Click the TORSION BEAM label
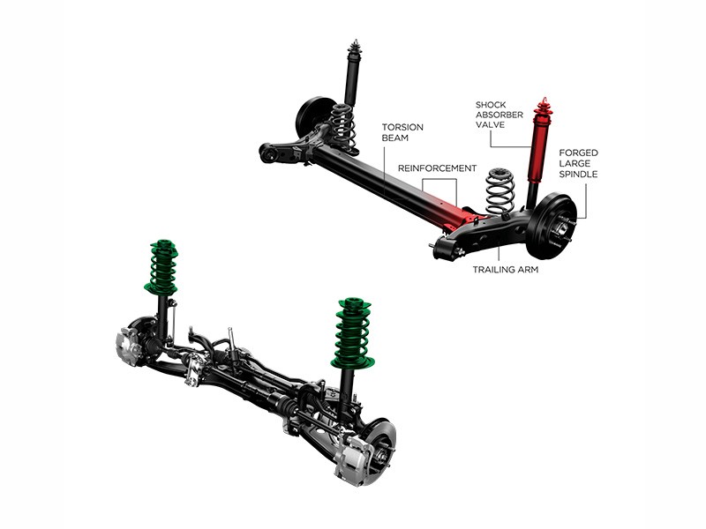[402, 132]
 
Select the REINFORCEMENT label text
[437, 168]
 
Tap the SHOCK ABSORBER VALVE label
[499, 115]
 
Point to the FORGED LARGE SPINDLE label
[579, 163]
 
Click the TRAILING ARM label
[506, 270]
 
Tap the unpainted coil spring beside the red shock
[500, 191]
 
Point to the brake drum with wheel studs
[552, 226]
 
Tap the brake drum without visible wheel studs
[314, 116]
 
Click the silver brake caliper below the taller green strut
[351, 459]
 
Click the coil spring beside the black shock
[342, 125]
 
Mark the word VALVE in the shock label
[491, 124]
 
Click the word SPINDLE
[579, 174]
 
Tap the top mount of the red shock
[544, 105]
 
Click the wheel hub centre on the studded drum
[563, 226]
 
